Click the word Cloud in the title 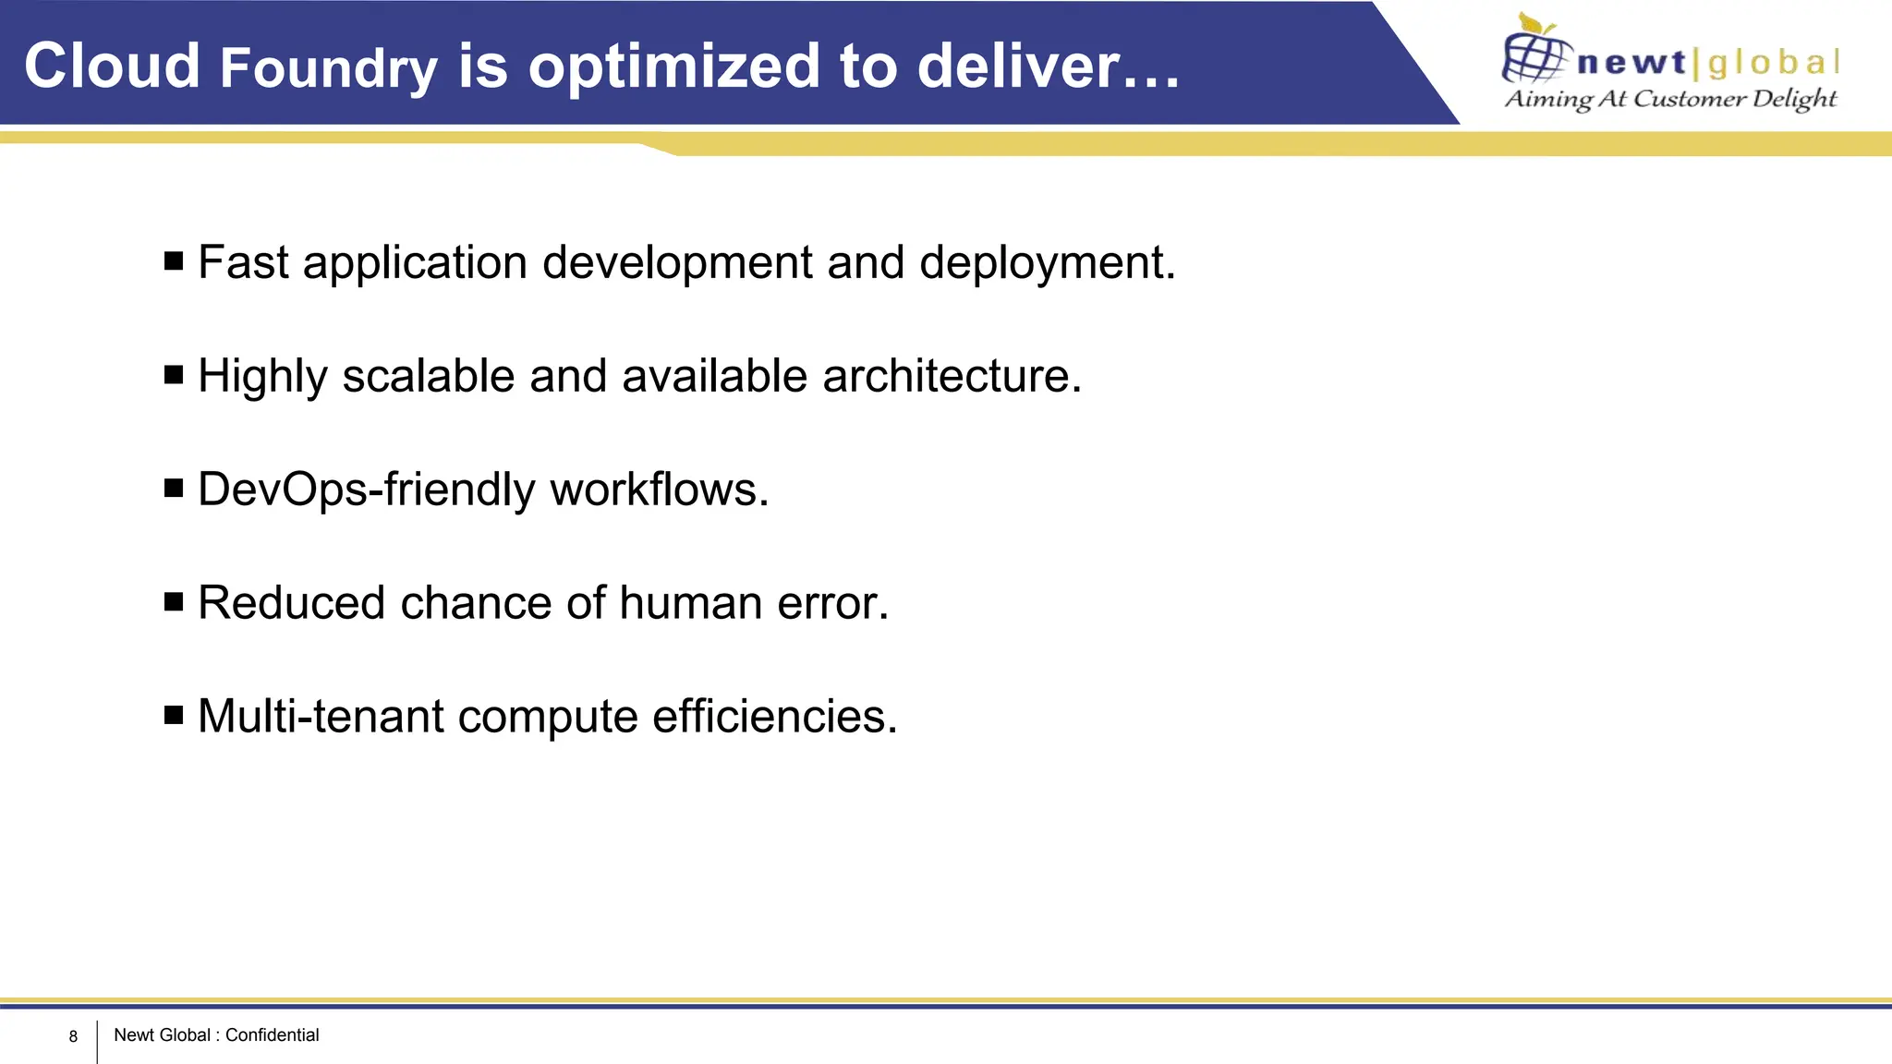(112, 66)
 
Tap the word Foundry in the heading (329, 70)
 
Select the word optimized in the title (673, 68)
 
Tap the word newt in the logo (1631, 63)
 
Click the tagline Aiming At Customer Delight (1670, 99)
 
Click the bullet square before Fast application (174, 261)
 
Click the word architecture (951, 377)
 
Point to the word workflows (659, 490)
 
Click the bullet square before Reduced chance (174, 602)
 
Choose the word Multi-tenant (321, 717)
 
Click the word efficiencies (774, 717)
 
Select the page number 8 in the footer (73, 1036)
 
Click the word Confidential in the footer (272, 1035)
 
